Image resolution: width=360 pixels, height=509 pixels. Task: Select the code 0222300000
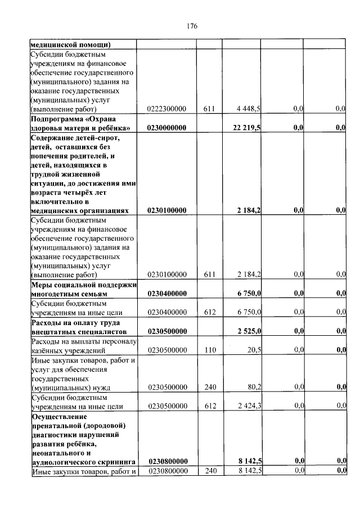pyautogui.click(x=167, y=109)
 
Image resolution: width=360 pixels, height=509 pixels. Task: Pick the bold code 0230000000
pyautogui.click(x=167, y=128)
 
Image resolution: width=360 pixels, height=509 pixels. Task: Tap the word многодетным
pyautogui.click(x=55, y=294)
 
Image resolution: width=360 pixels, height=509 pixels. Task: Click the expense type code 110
pyautogui.click(x=210, y=349)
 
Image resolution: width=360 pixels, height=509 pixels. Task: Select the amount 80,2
pyautogui.click(x=253, y=387)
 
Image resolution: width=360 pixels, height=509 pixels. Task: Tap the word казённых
pyautogui.click(x=47, y=350)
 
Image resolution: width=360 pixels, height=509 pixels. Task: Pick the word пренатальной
pyautogui.click(x=57, y=425)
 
